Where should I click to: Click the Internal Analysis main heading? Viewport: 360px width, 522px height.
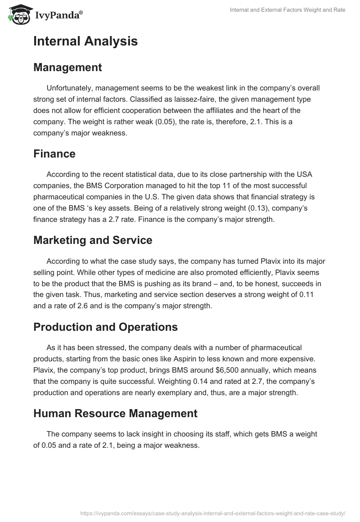point(85,41)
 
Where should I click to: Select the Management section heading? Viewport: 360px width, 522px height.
point(67,67)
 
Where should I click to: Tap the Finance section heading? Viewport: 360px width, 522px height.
point(54,154)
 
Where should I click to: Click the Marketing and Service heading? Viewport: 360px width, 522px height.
point(93,240)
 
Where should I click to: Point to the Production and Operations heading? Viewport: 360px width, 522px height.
point(105,327)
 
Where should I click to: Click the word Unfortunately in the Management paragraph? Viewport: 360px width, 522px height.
point(69,88)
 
